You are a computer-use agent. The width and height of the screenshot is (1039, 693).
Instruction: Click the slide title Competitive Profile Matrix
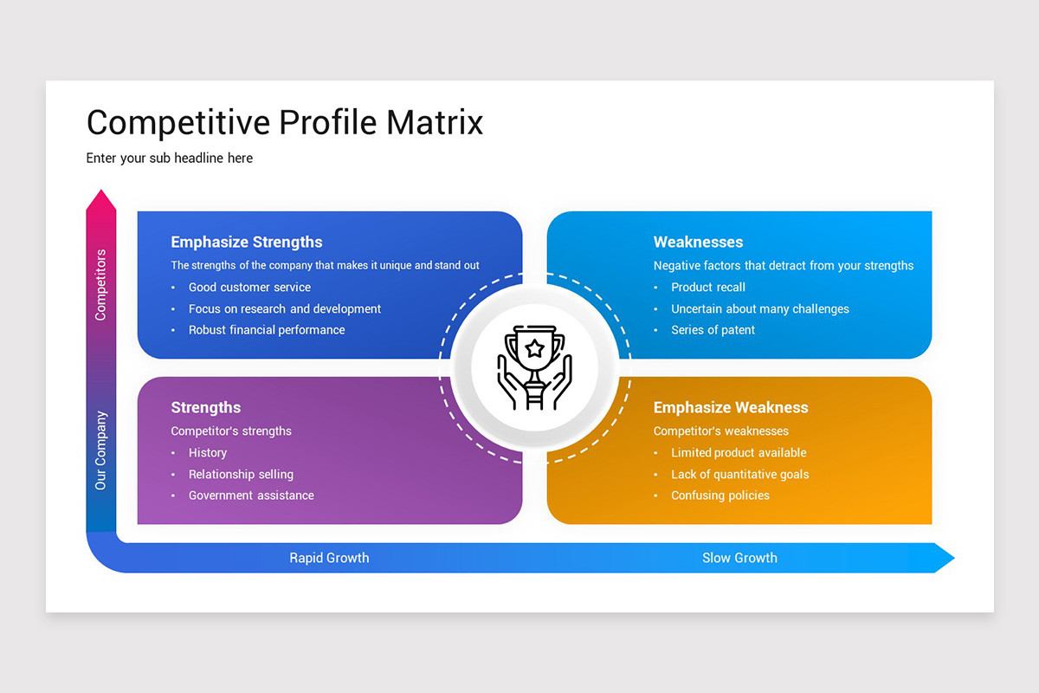click(285, 122)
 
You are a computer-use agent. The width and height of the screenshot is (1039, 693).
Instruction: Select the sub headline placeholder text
click(170, 158)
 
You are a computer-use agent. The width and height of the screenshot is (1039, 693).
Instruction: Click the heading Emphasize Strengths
click(247, 242)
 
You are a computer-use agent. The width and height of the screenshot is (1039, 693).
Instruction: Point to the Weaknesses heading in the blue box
click(698, 242)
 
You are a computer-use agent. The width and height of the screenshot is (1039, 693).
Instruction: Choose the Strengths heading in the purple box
click(206, 407)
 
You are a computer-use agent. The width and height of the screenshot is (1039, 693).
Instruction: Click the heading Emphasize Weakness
click(731, 407)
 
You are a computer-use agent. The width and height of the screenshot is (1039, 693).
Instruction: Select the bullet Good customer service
click(249, 287)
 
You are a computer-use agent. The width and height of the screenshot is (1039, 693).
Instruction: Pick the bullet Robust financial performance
click(267, 330)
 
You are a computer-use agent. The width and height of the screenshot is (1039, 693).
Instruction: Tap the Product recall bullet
click(708, 287)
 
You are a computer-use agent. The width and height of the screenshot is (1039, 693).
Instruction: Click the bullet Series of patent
click(713, 330)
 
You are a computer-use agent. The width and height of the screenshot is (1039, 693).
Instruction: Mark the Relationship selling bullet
click(241, 474)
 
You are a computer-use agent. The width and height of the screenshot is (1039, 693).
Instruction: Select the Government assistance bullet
click(251, 495)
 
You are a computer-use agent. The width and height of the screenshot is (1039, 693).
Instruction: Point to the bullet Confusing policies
click(720, 495)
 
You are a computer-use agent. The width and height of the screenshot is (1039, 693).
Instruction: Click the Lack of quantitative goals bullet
click(740, 474)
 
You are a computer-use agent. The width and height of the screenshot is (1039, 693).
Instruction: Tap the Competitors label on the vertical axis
click(101, 285)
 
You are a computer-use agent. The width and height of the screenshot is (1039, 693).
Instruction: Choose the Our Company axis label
click(101, 450)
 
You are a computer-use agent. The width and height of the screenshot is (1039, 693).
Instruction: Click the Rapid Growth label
click(329, 558)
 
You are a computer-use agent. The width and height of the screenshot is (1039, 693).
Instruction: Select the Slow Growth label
click(739, 558)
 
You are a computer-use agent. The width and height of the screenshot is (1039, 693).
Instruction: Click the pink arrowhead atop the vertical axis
click(101, 201)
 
